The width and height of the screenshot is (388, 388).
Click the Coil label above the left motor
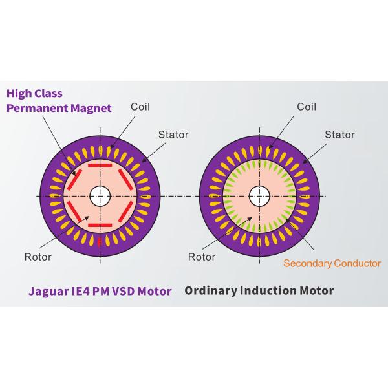click(x=140, y=107)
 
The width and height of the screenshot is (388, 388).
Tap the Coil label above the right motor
click(x=307, y=107)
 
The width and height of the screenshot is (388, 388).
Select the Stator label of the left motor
click(x=173, y=135)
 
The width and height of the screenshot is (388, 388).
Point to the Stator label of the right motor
click(x=339, y=135)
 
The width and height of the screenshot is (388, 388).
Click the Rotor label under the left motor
click(x=38, y=257)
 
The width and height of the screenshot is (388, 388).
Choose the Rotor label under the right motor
click(x=202, y=257)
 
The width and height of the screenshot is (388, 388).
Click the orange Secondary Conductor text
click(x=332, y=263)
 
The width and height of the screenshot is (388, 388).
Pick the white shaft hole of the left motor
click(x=100, y=196)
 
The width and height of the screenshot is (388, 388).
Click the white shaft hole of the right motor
click(x=259, y=196)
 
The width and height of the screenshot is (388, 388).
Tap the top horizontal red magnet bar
click(x=100, y=166)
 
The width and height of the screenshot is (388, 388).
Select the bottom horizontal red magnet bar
click(x=100, y=226)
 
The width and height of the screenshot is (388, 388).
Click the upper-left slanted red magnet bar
click(x=74, y=180)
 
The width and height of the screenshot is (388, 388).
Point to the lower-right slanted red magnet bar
click(x=125, y=211)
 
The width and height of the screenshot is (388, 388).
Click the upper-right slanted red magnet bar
click(x=125, y=180)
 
